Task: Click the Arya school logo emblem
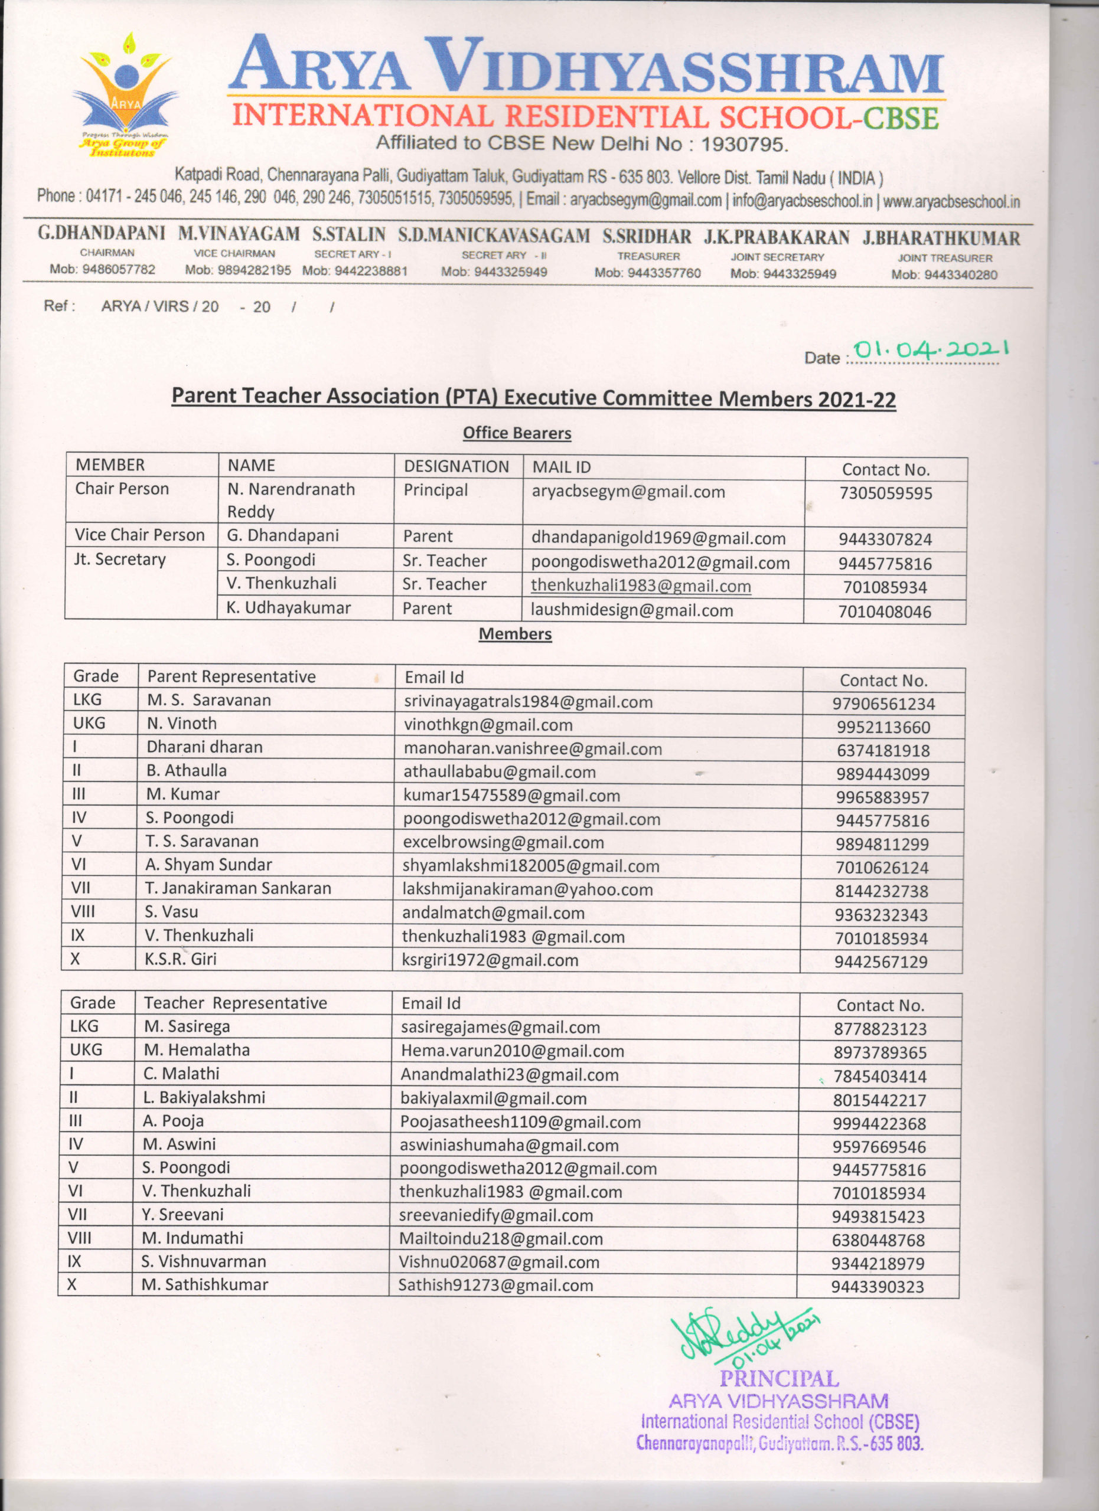click(125, 93)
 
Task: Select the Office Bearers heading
click(517, 433)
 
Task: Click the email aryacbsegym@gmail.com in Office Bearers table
click(628, 492)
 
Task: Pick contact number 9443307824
click(885, 539)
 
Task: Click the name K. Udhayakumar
click(288, 607)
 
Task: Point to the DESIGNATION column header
click(456, 466)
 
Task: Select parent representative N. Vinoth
click(181, 724)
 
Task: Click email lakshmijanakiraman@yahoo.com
click(527, 889)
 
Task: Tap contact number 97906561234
click(883, 704)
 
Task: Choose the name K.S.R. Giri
click(180, 959)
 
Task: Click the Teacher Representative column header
click(235, 1003)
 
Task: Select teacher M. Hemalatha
click(197, 1050)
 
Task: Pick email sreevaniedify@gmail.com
click(496, 1215)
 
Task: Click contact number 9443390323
click(877, 1287)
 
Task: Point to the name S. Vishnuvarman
click(203, 1261)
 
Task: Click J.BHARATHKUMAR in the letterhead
click(941, 238)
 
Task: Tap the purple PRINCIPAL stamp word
click(778, 1378)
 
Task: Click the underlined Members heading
click(515, 633)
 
